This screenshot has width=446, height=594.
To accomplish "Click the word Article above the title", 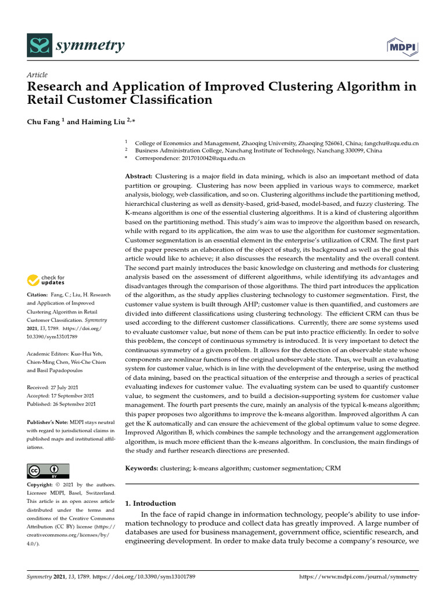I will pos(37,75).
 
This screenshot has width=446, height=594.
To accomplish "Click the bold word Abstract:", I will pos(139,176).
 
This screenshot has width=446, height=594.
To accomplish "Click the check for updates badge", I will pos(46,281).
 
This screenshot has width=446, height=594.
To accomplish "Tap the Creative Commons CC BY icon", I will pos(48,470).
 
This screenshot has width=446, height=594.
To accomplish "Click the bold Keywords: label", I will pos(142,468).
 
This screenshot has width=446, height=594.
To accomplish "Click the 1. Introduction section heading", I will pos(150,503).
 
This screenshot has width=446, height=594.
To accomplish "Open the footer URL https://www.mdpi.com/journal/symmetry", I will pos(358,577).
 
